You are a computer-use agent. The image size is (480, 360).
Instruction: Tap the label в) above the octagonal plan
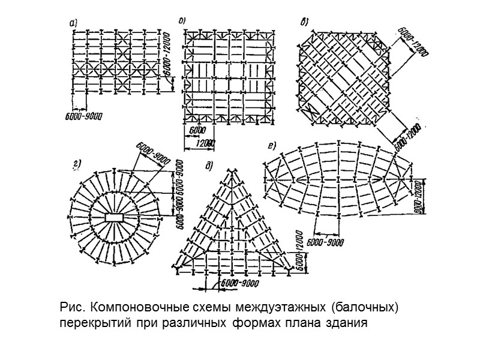pos(305,23)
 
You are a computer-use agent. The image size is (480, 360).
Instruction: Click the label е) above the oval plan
pos(272,145)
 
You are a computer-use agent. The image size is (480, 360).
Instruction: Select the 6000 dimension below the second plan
pos(197,130)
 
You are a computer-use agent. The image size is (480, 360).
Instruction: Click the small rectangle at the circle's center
pos(113,216)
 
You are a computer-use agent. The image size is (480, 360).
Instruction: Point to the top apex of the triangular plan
pos(230,171)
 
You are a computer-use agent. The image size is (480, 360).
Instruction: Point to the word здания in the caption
pos(344,324)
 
